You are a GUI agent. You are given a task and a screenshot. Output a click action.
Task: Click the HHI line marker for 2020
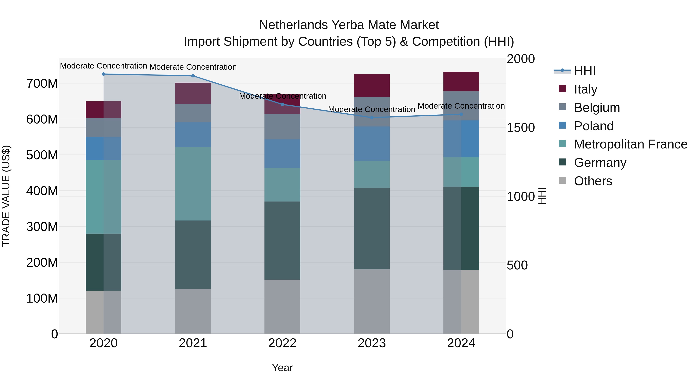click(104, 74)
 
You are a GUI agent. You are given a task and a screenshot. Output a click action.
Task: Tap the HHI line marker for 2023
click(372, 118)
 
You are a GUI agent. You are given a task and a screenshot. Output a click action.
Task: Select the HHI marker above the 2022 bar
click(282, 104)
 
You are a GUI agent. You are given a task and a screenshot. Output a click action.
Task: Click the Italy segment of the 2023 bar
click(372, 86)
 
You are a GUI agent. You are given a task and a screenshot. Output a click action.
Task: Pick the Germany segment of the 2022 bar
click(282, 240)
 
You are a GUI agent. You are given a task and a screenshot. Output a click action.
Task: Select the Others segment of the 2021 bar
click(193, 311)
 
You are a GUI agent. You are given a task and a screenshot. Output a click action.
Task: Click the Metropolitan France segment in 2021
click(193, 184)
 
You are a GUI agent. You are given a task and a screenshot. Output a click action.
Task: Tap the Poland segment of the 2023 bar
click(372, 143)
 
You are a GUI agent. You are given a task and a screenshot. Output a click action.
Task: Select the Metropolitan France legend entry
click(631, 144)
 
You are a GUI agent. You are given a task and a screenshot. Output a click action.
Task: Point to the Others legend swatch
click(562, 180)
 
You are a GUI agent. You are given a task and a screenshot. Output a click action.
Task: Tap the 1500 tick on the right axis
click(521, 128)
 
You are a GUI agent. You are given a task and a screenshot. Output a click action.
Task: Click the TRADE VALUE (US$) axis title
click(6, 196)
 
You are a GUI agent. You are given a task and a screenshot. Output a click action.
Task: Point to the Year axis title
click(282, 368)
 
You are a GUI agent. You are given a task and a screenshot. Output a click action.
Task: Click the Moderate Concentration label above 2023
click(371, 110)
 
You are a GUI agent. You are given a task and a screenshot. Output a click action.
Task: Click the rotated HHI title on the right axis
click(542, 196)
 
